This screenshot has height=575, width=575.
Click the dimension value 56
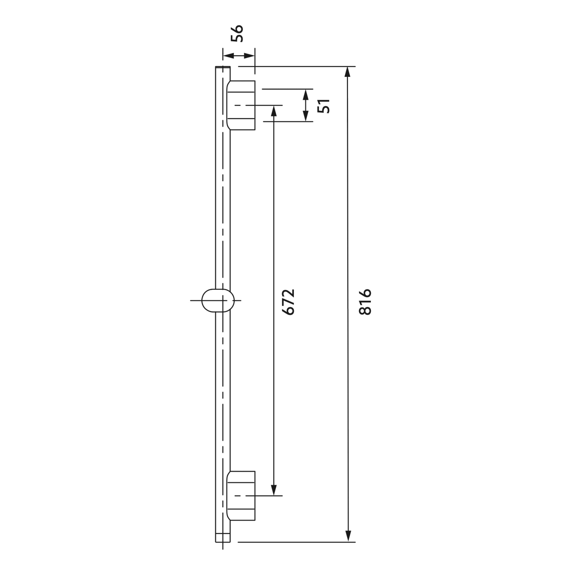237,33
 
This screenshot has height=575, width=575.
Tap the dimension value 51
323,106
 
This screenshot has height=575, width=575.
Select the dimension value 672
288,302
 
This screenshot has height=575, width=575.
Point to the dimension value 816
365,302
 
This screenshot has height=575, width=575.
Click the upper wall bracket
241,105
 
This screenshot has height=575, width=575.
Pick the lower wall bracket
241,496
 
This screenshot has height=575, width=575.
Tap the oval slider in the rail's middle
218,301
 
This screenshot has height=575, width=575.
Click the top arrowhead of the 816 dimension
348,72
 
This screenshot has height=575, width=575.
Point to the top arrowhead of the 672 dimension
274,111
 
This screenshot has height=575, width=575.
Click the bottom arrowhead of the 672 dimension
274,490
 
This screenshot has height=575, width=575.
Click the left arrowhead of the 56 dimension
228,56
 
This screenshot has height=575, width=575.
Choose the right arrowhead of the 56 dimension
250,56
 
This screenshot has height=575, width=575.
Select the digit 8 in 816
365,310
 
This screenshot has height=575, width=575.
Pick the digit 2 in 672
288,293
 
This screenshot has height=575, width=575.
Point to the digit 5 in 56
237,38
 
